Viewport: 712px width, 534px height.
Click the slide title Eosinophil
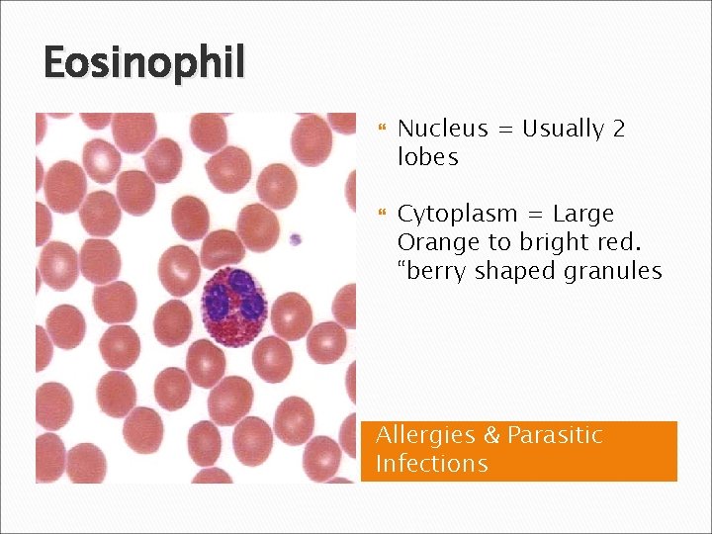click(144, 64)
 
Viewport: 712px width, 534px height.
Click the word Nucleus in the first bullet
click(442, 129)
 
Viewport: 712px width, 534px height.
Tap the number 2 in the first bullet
click(618, 129)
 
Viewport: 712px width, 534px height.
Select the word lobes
click(427, 157)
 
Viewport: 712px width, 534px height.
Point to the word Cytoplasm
click(455, 214)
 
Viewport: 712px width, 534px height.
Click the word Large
click(583, 214)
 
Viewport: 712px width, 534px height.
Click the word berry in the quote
click(432, 271)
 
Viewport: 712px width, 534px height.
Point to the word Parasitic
click(555, 436)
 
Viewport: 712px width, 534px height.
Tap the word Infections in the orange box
click(432, 464)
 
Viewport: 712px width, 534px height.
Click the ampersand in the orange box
click(490, 436)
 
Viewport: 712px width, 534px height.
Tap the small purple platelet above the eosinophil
click(295, 238)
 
